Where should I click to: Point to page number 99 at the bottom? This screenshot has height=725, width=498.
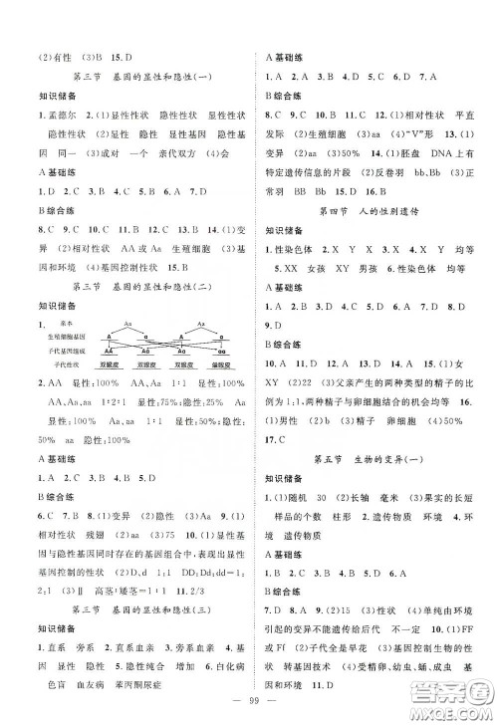[x=249, y=700]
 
